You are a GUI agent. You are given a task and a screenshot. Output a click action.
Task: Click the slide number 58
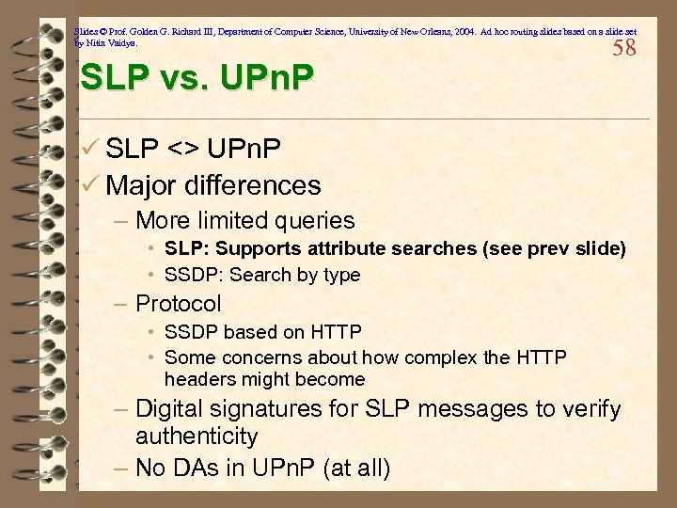(x=624, y=49)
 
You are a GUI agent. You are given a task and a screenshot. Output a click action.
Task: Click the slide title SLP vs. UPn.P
(x=197, y=78)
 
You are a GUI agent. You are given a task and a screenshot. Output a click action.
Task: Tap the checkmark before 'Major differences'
(x=90, y=185)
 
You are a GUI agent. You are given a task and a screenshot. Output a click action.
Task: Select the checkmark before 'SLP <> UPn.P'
(x=90, y=149)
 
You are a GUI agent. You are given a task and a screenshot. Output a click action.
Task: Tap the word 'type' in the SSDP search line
(x=341, y=275)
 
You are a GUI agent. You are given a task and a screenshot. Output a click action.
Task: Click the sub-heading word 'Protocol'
(x=179, y=304)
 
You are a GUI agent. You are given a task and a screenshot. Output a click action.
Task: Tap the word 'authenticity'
(x=197, y=437)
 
